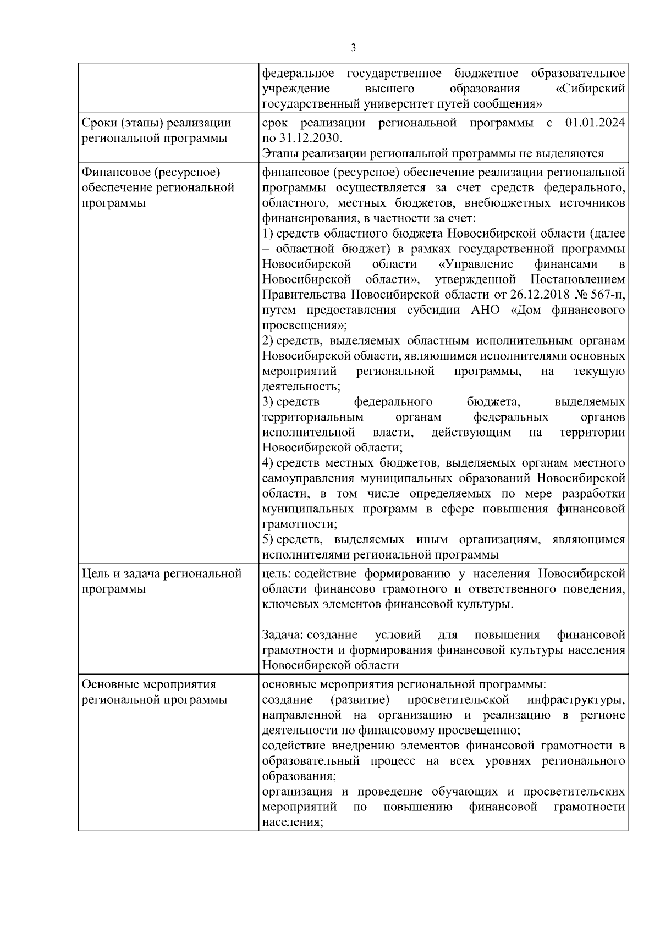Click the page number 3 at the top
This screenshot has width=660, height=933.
pos(353,48)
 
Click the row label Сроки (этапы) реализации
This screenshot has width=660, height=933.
pos(156,123)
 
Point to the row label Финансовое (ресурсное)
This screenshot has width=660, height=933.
pos(151,173)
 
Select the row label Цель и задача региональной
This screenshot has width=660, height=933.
pos(162,574)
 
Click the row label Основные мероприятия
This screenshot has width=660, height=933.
pos(148,684)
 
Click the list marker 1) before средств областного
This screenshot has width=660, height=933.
pos(268,234)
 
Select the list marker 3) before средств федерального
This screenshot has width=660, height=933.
pos(268,402)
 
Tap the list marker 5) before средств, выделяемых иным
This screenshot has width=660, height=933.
pos(268,539)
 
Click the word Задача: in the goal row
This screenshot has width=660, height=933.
pos(283,635)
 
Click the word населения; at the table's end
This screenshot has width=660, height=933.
pos(292,823)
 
